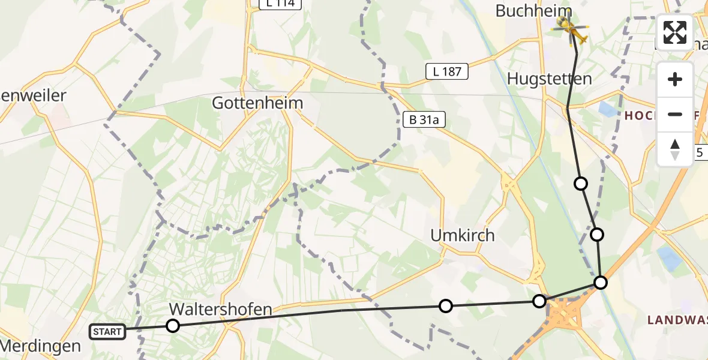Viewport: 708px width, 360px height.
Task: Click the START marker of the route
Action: [x=107, y=331]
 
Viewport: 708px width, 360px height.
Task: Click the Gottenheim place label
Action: [x=257, y=103]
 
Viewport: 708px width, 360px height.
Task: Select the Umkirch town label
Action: [x=463, y=236]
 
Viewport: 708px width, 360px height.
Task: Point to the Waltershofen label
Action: [x=221, y=310]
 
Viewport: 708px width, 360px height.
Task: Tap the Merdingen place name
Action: [x=41, y=346]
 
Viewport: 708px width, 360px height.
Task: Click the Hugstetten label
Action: [x=549, y=79]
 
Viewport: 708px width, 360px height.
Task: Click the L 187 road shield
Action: [x=446, y=71]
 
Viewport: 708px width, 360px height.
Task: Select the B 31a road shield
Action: [x=424, y=120]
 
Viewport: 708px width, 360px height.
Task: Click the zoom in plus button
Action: [x=675, y=79]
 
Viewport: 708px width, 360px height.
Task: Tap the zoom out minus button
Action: [x=675, y=114]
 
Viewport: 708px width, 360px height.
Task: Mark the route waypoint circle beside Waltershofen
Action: [x=173, y=326]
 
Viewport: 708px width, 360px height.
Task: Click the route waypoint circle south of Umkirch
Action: [x=446, y=306]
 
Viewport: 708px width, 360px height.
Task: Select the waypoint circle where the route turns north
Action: [x=601, y=282]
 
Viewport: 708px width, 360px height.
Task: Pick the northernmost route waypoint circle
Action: [x=581, y=183]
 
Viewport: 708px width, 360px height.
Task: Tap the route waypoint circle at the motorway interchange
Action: [x=539, y=301]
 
